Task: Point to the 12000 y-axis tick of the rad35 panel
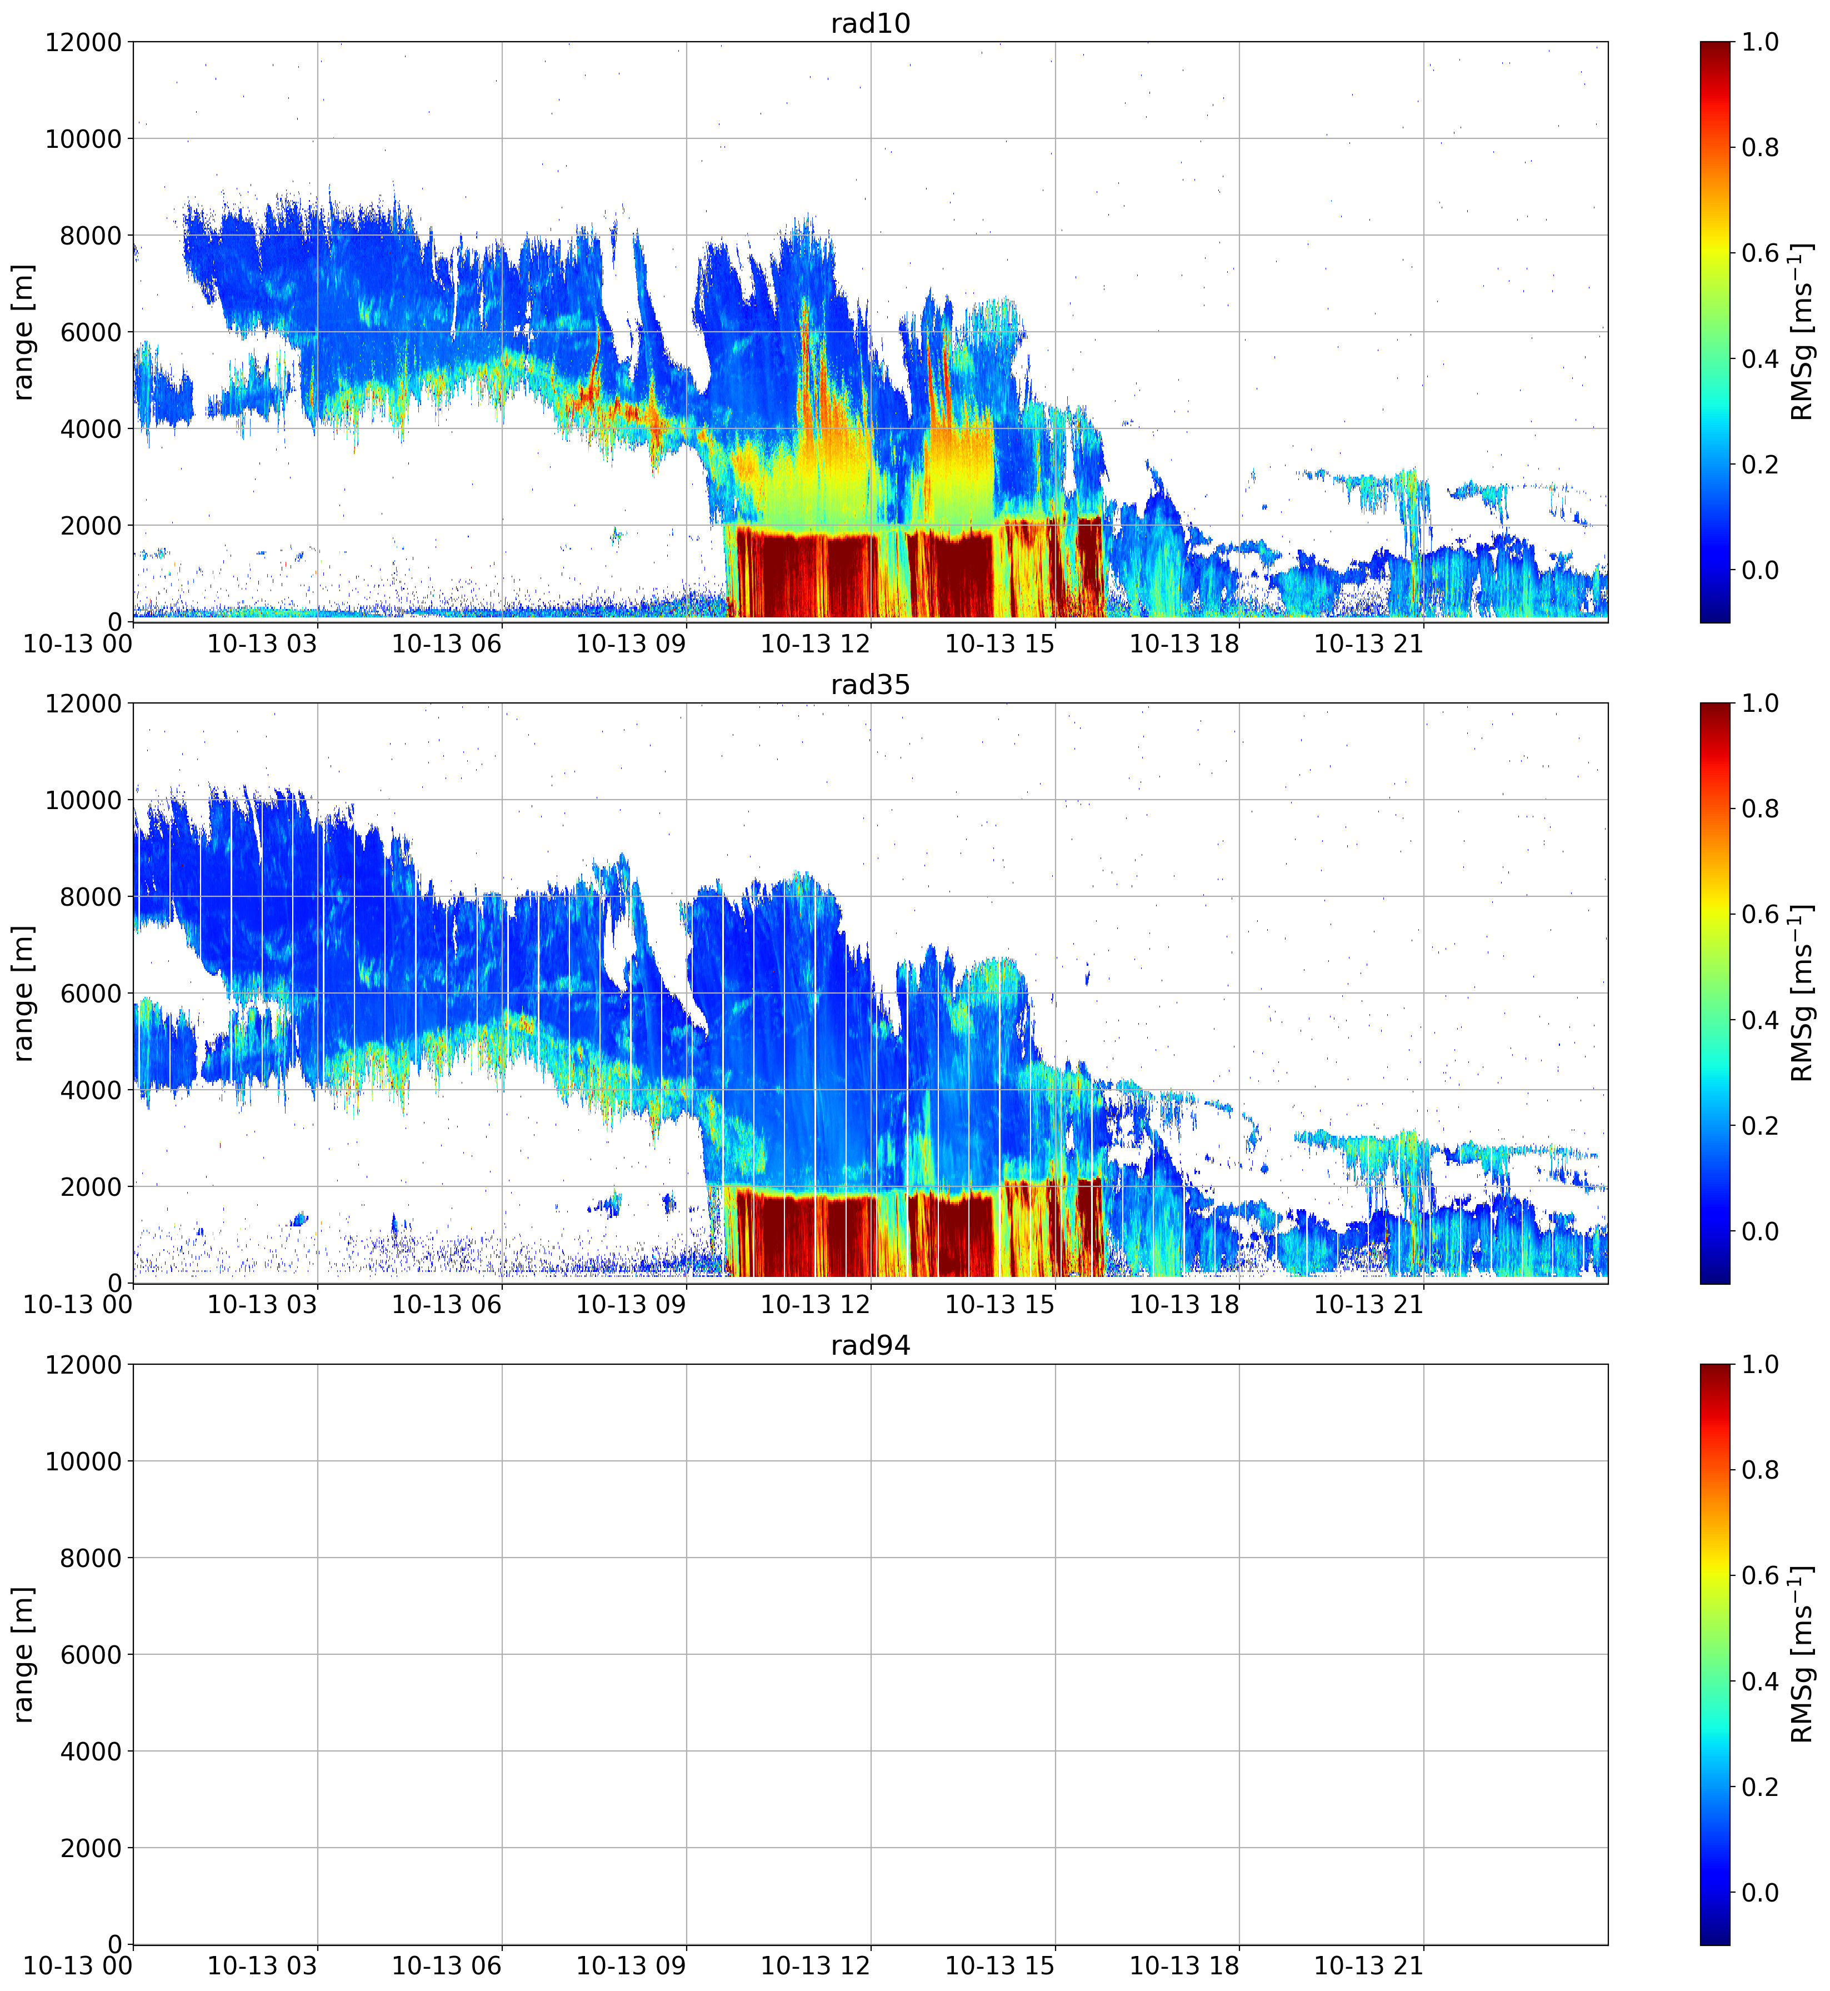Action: tap(84, 703)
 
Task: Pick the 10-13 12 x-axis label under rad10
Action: tap(815, 644)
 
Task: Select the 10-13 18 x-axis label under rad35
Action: tap(1184, 1305)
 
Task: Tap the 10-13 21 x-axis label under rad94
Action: tap(1368, 1966)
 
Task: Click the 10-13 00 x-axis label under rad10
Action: tap(78, 644)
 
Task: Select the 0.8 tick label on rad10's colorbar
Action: tap(1761, 148)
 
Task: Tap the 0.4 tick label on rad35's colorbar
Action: tap(1761, 1020)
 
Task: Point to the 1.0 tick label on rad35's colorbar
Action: tap(1761, 703)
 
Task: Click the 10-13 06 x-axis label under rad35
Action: tap(447, 1305)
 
